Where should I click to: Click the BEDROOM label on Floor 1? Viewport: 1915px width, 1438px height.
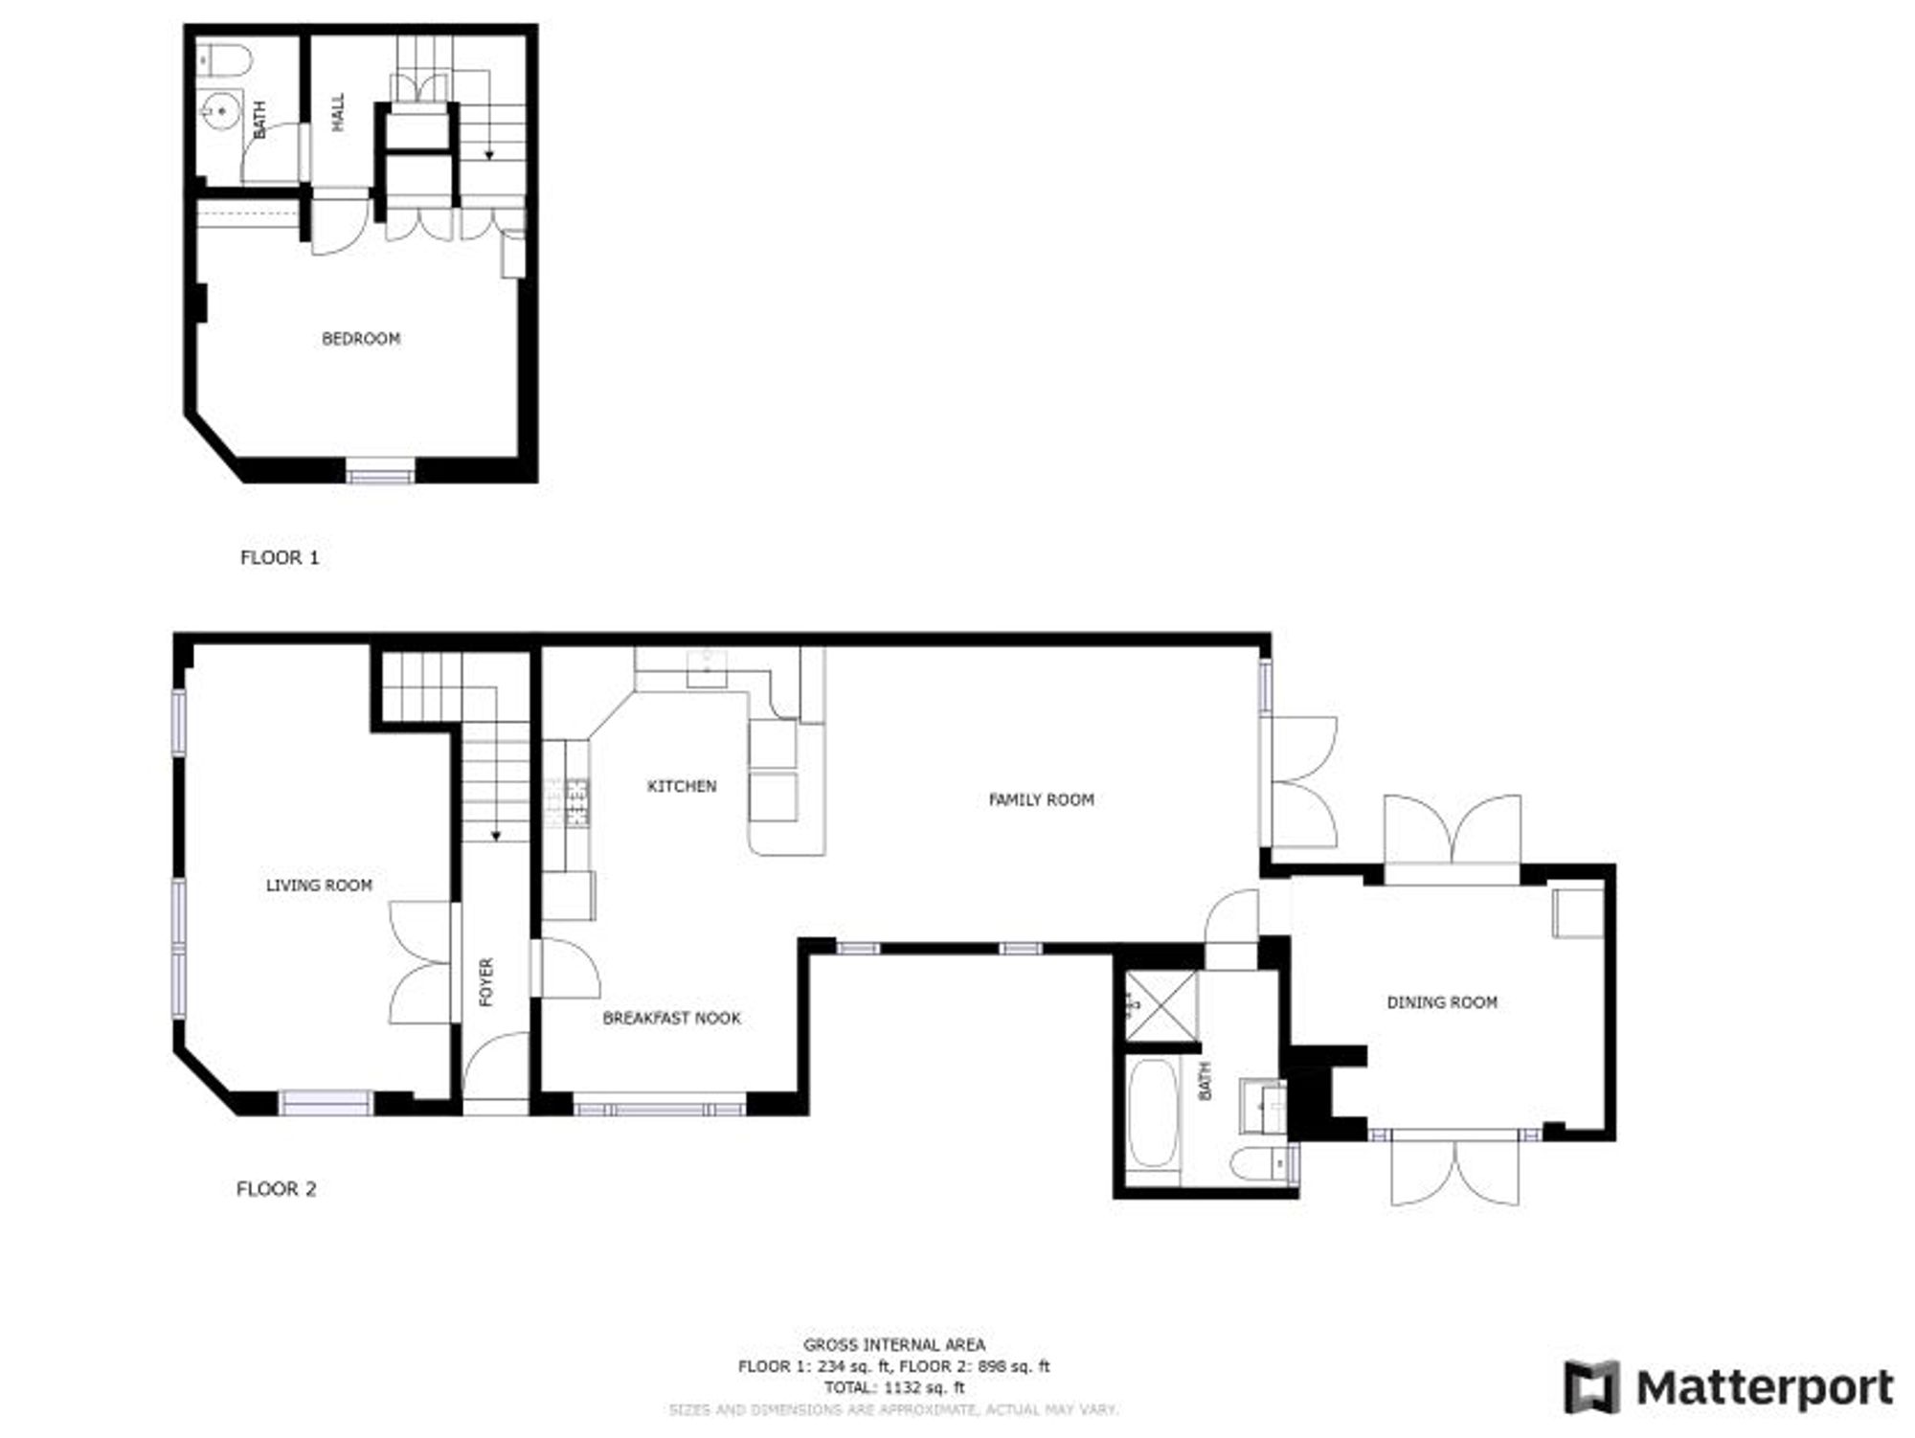coord(360,339)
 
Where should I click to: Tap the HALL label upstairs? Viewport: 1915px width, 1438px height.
coord(338,112)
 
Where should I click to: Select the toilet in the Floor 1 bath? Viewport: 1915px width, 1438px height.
coord(228,61)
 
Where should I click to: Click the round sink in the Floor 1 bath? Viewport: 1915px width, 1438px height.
coord(221,112)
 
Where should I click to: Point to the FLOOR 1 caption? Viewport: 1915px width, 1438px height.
coord(279,557)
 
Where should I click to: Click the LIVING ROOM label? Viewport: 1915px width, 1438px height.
coord(319,886)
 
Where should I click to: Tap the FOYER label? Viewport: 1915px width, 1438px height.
coord(486,981)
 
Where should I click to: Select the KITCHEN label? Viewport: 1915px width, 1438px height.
coord(682,786)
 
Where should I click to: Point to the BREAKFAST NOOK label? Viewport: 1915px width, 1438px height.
coord(671,1019)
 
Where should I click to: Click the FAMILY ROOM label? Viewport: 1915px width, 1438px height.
coord(1041,799)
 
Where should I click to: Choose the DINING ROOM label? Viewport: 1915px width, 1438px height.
coord(1442,1002)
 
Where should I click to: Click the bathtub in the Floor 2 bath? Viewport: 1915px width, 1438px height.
coord(1151,1112)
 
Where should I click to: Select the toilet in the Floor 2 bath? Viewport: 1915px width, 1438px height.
coord(1259,1165)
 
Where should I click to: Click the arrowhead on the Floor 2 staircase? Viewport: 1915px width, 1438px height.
coord(496,836)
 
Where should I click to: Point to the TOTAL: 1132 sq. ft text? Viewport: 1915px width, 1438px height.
coord(893,1387)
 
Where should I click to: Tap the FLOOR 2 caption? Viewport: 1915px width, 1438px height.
coord(276,1189)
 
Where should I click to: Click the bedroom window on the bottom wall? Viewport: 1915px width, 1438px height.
coord(380,472)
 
